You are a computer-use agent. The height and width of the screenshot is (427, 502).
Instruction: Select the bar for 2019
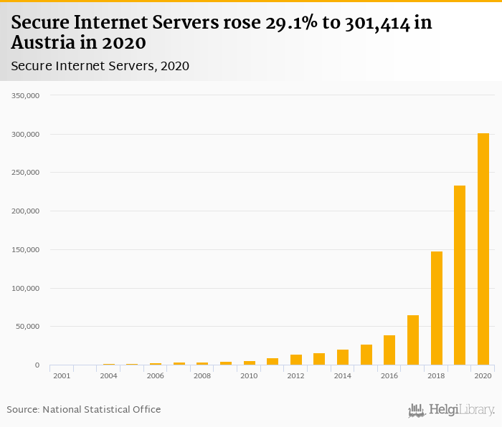[460, 275]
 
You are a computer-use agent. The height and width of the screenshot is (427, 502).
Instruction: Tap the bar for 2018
[436, 308]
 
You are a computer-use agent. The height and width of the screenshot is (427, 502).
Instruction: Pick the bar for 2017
[413, 340]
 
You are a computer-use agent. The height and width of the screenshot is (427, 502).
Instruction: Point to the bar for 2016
[389, 350]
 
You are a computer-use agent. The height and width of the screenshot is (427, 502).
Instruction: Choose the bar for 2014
[343, 358]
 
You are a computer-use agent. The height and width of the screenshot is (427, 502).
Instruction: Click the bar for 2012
[296, 360]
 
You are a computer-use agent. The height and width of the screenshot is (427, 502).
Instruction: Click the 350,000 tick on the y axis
[26, 95]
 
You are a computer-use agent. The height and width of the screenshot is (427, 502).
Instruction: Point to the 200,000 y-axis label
[26, 211]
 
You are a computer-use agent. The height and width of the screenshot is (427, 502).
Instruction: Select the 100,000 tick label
[26, 288]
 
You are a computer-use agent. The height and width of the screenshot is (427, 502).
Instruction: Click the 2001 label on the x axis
[62, 375]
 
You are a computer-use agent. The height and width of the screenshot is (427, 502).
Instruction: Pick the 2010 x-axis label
[249, 375]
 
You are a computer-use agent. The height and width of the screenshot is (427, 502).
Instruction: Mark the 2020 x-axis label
[483, 375]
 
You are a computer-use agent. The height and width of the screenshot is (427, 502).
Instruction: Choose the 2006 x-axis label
[156, 375]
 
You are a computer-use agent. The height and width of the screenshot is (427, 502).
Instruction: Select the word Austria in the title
[46, 43]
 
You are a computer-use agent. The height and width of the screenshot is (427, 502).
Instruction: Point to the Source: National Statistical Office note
[84, 410]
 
